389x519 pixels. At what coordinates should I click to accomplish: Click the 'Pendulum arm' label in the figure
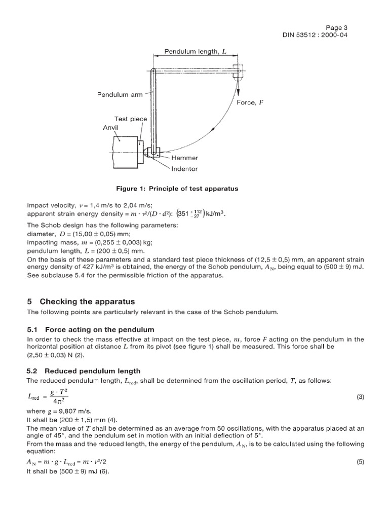[120, 94]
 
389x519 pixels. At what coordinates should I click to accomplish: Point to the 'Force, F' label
[250, 101]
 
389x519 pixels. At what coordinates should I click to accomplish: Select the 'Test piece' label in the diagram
[130, 119]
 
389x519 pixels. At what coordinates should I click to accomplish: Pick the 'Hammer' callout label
[186, 158]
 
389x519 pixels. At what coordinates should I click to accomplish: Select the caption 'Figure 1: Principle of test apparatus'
[177, 189]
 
